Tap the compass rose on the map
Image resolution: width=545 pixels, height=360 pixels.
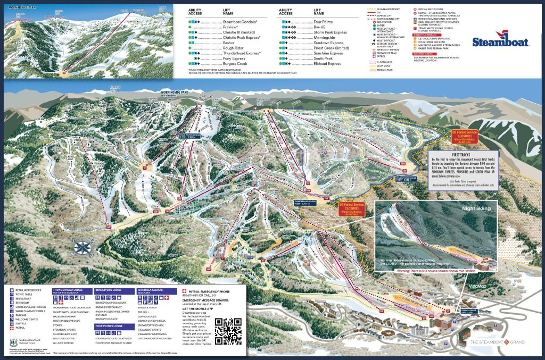tap(84, 247)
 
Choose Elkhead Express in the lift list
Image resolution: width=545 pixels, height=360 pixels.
tap(327, 63)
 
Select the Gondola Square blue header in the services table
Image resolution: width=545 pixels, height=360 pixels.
tap(156, 291)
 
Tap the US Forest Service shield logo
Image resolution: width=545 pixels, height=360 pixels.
tap(13, 340)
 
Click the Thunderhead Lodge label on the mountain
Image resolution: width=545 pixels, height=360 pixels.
tap(305, 202)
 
